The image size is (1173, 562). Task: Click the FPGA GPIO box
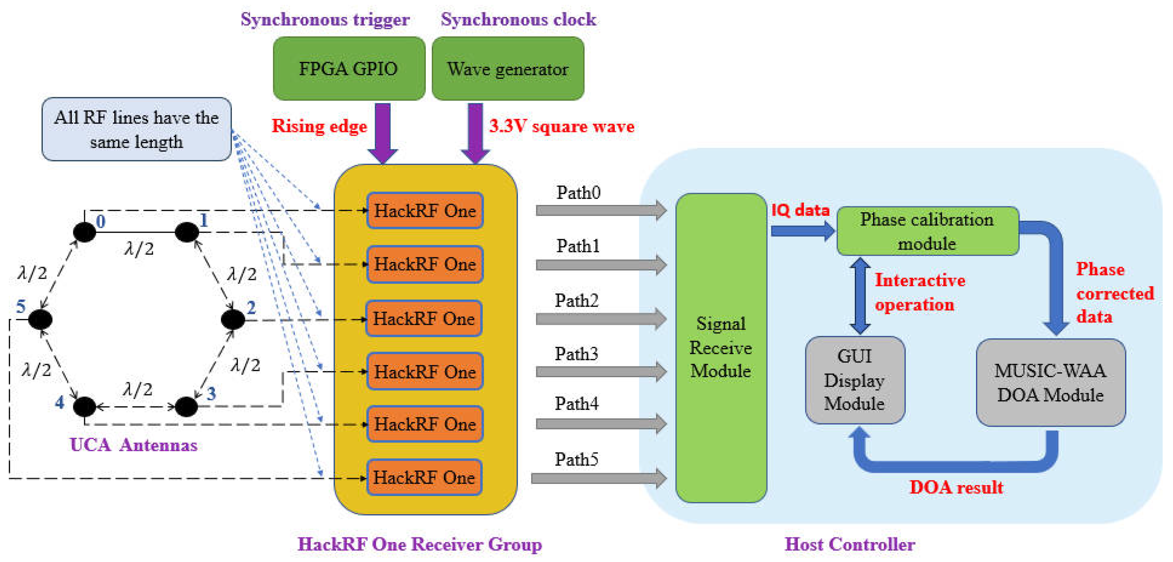pos(349,69)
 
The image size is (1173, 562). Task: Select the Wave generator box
pos(507,69)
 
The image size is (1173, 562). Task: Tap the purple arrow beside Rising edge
pos(383,132)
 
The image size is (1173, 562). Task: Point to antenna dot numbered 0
pos(85,232)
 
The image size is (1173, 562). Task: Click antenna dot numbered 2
pos(233,319)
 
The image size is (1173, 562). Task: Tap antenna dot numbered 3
pos(186,406)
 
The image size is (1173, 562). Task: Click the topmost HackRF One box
pos(424,210)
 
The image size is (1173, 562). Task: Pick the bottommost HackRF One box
pos(424,477)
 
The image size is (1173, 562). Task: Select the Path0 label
pos(578,193)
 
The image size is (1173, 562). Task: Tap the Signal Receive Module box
pos(720,348)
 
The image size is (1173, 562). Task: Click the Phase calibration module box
pos(927,231)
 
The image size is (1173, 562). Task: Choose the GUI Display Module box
pos(855,380)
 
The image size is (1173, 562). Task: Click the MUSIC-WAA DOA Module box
pos(1050,382)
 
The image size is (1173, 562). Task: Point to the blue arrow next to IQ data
pos(802,231)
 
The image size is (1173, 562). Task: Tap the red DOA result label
pos(956,487)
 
